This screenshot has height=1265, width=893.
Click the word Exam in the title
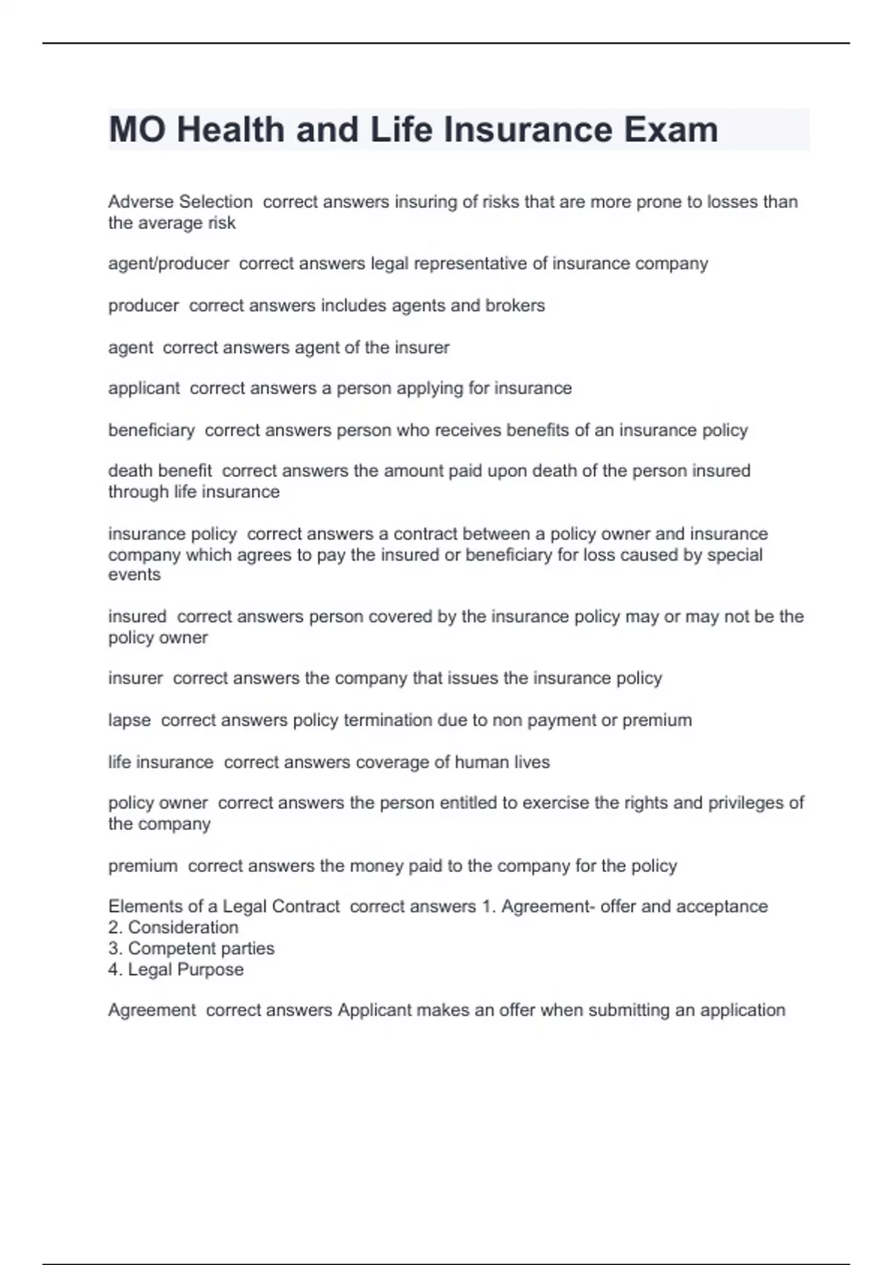click(x=670, y=129)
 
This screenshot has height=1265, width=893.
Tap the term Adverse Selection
click(x=180, y=202)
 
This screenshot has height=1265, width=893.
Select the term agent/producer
click(x=168, y=263)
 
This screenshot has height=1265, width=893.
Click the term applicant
click(x=144, y=388)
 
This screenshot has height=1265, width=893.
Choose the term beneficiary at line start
click(x=151, y=430)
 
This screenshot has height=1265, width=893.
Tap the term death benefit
click(x=160, y=470)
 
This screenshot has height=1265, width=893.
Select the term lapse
click(x=129, y=720)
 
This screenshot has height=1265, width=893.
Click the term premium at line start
click(x=143, y=865)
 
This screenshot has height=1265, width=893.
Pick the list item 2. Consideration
click(x=173, y=927)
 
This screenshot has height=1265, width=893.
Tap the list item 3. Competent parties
click(x=191, y=948)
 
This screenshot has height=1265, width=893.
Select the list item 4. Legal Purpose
click(x=176, y=969)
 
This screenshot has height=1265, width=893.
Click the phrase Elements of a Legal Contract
click(x=224, y=906)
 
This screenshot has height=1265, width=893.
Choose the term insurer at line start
click(x=135, y=678)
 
